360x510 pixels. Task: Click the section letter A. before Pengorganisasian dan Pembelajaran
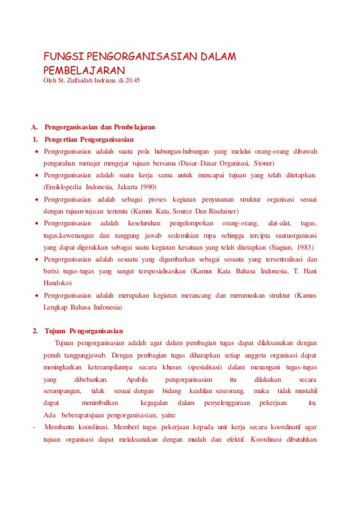tap(34, 127)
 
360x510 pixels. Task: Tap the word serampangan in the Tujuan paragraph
tap(63, 391)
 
